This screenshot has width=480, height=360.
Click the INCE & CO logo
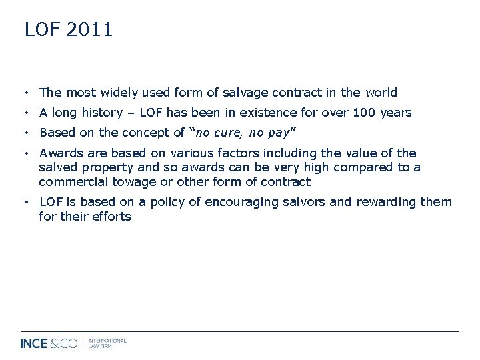coord(49,344)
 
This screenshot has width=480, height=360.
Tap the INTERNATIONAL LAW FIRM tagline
coord(108,343)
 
